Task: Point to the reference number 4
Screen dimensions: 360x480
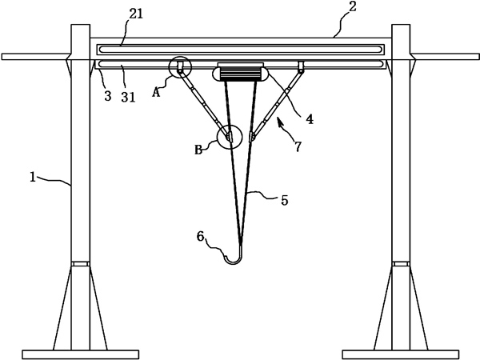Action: click(x=309, y=120)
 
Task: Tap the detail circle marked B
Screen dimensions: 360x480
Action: click(x=229, y=138)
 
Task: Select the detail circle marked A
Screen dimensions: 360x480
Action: click(x=179, y=67)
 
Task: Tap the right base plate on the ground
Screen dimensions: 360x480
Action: click(x=401, y=354)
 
